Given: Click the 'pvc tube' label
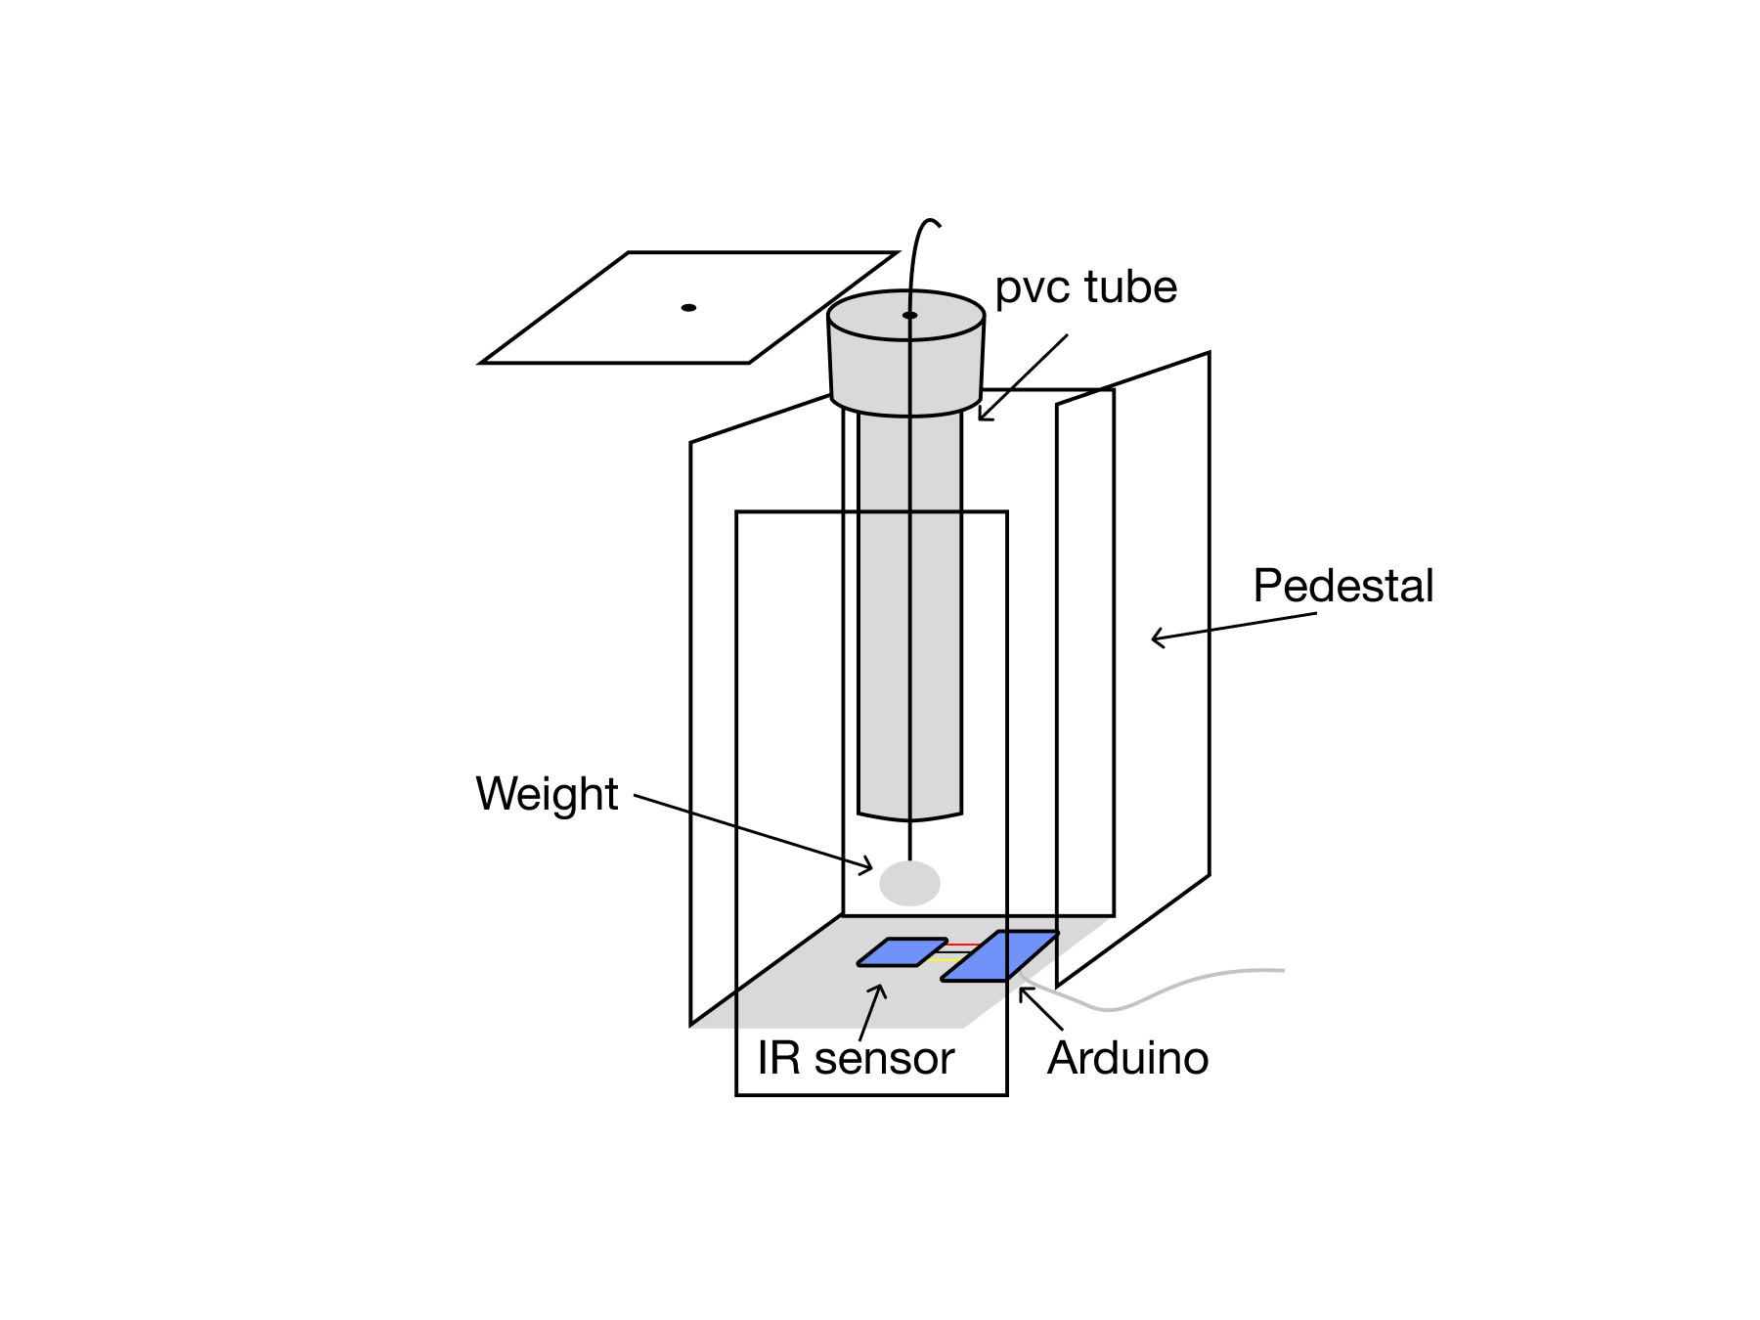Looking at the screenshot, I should [1085, 287].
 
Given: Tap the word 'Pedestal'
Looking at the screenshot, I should [1342, 586].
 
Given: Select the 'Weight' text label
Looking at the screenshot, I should [547, 793].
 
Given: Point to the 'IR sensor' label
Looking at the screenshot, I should [855, 1058].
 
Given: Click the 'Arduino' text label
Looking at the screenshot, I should [1127, 1058].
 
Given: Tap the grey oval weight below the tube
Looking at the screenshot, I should [909, 883].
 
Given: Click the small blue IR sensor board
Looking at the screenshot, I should [902, 952].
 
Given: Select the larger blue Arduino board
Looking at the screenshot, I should [999, 955].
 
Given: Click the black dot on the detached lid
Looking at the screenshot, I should [688, 308].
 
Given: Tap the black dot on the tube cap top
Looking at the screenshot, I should [909, 315].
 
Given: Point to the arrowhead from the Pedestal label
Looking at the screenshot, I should [1156, 639].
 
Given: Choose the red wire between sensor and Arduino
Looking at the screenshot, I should [963, 945].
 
